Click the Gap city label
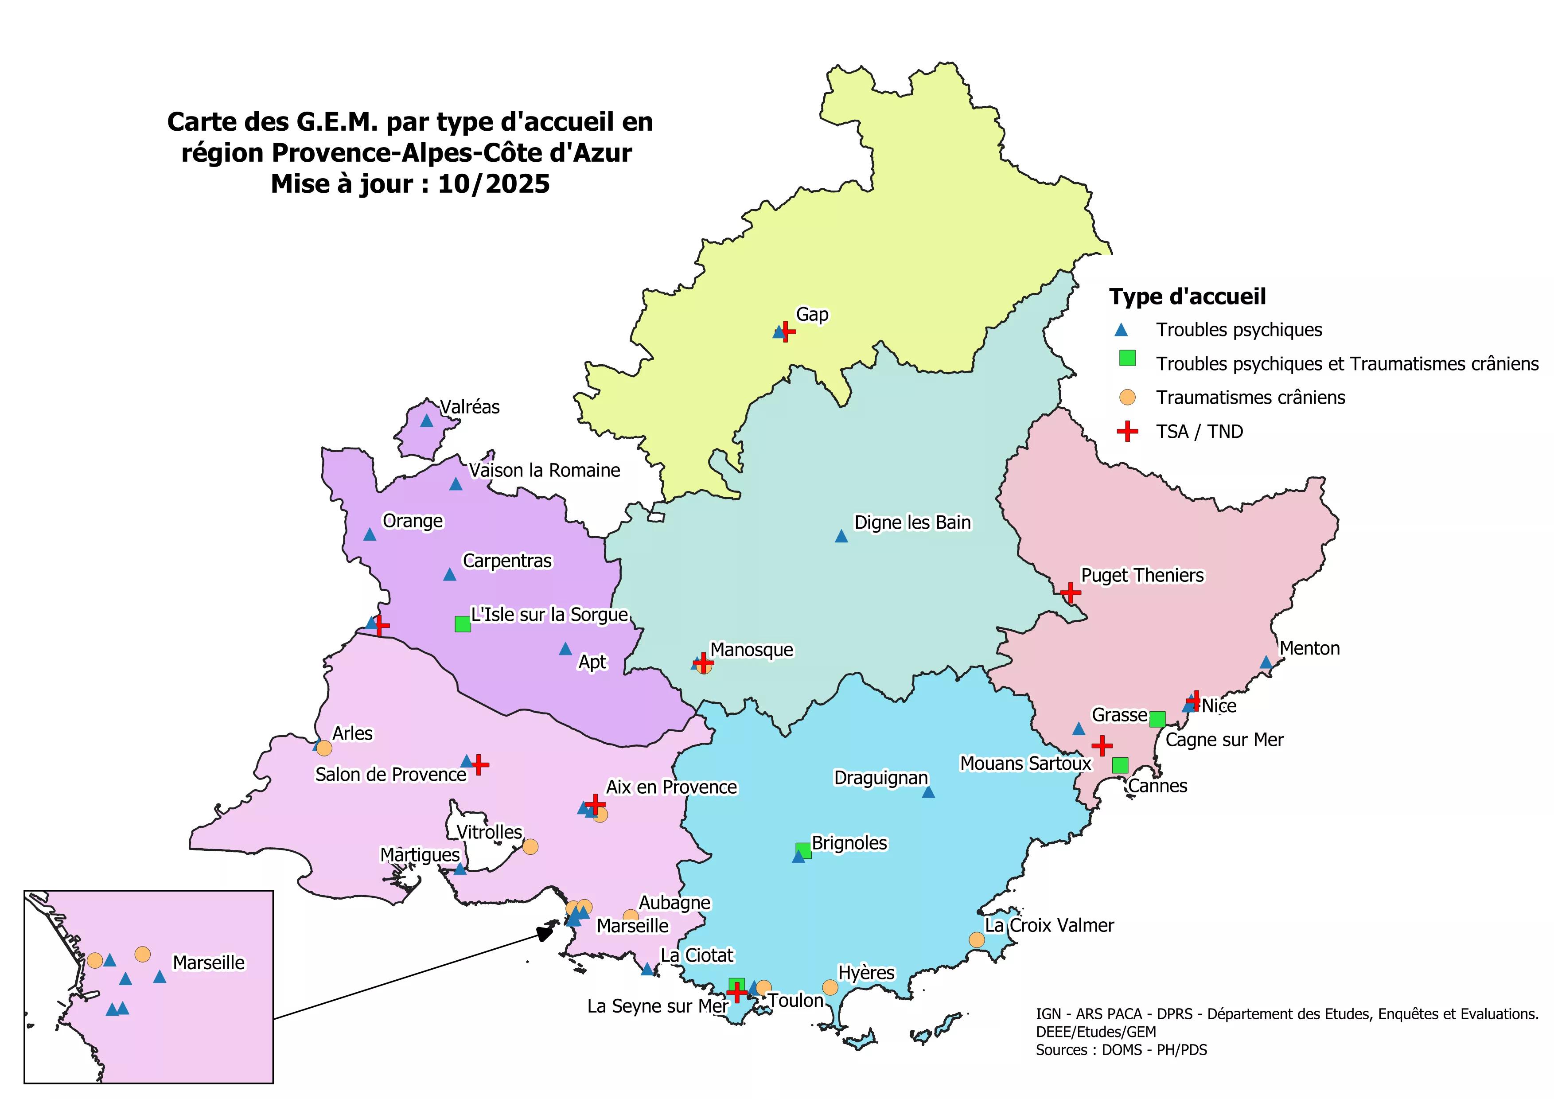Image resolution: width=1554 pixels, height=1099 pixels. [811, 315]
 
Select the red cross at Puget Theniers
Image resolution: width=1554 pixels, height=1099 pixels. [1070, 593]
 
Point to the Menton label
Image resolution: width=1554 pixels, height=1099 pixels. [1309, 648]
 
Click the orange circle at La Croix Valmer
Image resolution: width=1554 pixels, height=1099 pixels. [976, 939]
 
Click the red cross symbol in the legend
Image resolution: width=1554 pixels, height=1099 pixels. [1127, 431]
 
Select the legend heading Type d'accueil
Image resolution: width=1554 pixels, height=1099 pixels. [1187, 296]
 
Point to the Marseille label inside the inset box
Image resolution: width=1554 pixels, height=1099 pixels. [208, 963]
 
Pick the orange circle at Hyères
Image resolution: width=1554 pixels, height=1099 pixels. [830, 987]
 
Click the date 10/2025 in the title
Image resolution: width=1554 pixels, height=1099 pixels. [494, 184]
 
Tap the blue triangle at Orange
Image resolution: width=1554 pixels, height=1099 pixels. [370, 534]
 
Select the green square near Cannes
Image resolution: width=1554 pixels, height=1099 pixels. [1120, 765]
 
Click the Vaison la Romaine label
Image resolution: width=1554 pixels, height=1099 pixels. [544, 470]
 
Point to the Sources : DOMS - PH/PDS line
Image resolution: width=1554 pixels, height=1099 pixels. [1121, 1050]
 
